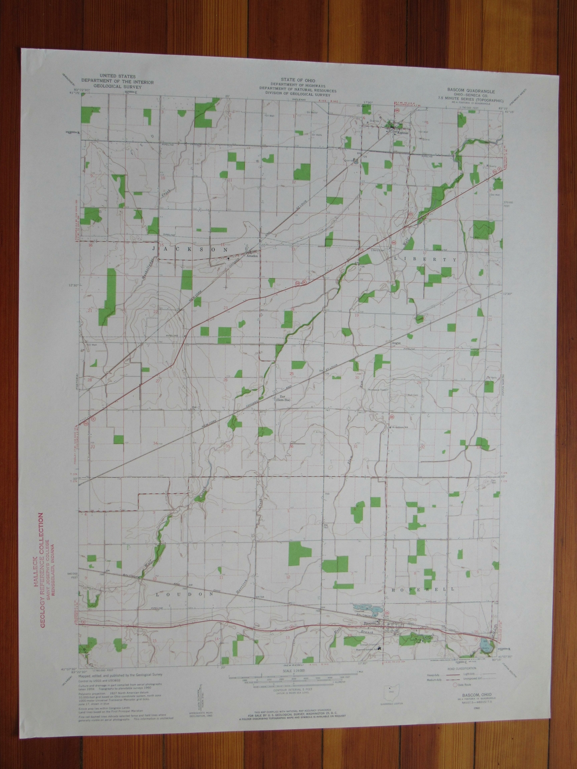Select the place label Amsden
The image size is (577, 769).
tap(252, 256)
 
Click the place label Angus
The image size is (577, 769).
tap(396, 343)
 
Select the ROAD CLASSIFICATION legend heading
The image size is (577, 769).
tap(462, 669)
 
